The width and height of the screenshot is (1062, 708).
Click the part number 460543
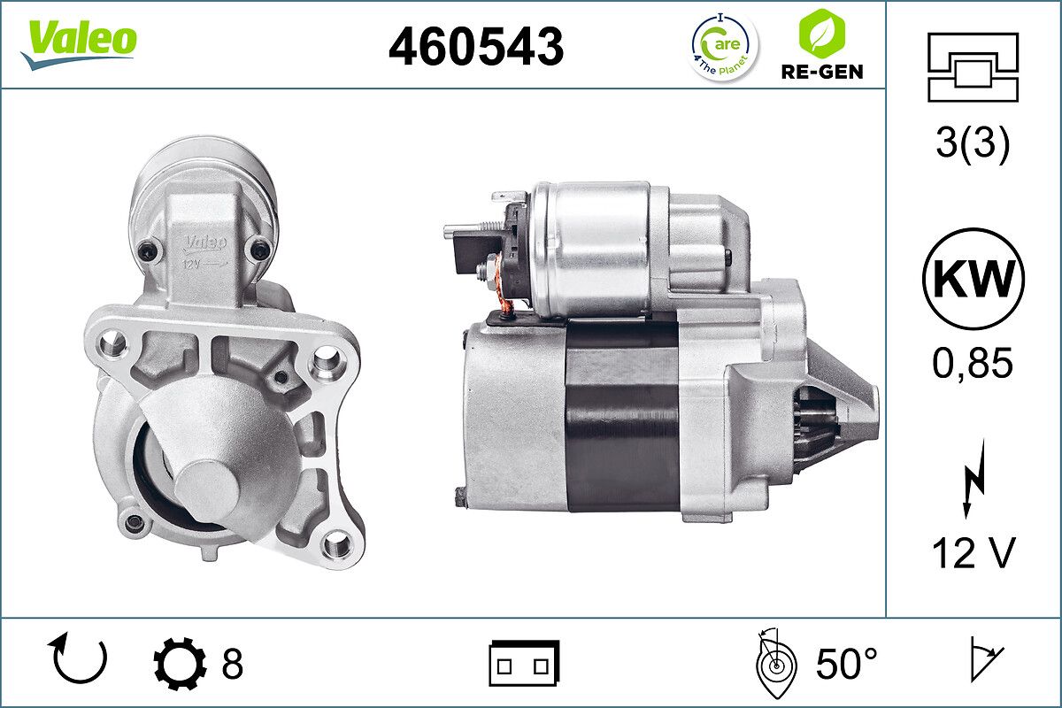pyautogui.click(x=476, y=46)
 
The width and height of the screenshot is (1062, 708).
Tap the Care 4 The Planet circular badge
pyautogui.click(x=723, y=45)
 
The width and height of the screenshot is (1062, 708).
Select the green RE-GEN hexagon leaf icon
pyautogui.click(x=820, y=34)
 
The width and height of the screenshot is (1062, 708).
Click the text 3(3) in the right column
pyautogui.click(x=973, y=145)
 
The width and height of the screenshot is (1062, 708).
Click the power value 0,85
pyautogui.click(x=973, y=363)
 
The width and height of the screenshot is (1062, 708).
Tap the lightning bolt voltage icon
pyautogui.click(x=973, y=482)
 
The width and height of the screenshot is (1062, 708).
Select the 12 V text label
pyautogui.click(x=973, y=554)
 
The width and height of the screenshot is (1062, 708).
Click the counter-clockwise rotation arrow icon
pyautogui.click(x=81, y=661)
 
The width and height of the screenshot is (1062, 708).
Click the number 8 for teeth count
pyautogui.click(x=232, y=663)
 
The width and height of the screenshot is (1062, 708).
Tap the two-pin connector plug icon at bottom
pyautogui.click(x=524, y=663)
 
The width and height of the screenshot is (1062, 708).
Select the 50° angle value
pyautogui.click(x=845, y=663)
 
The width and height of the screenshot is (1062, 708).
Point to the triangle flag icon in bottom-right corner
pyautogui.click(x=985, y=662)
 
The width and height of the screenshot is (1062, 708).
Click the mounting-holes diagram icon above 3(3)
pyautogui.click(x=973, y=67)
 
